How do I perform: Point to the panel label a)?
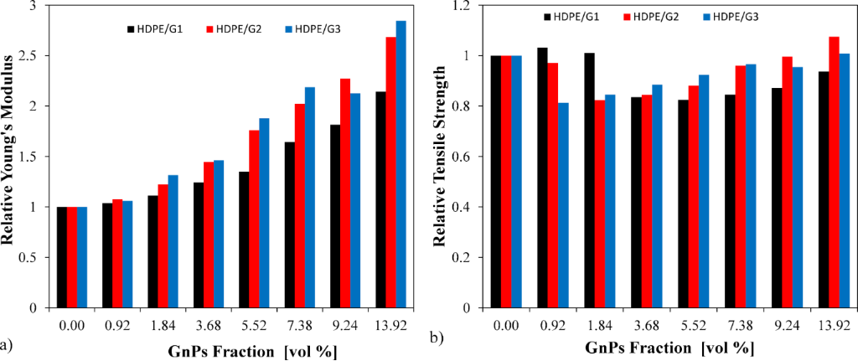tap(8, 343)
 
